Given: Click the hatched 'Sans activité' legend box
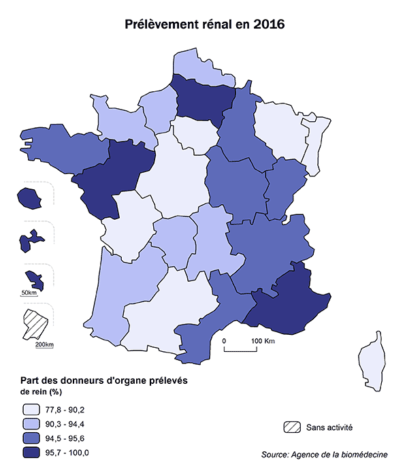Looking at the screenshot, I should [x=291, y=427].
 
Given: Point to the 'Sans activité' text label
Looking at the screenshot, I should [x=329, y=427].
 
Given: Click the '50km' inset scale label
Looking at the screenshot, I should [x=29, y=293].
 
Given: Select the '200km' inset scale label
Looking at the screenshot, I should [x=44, y=344].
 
